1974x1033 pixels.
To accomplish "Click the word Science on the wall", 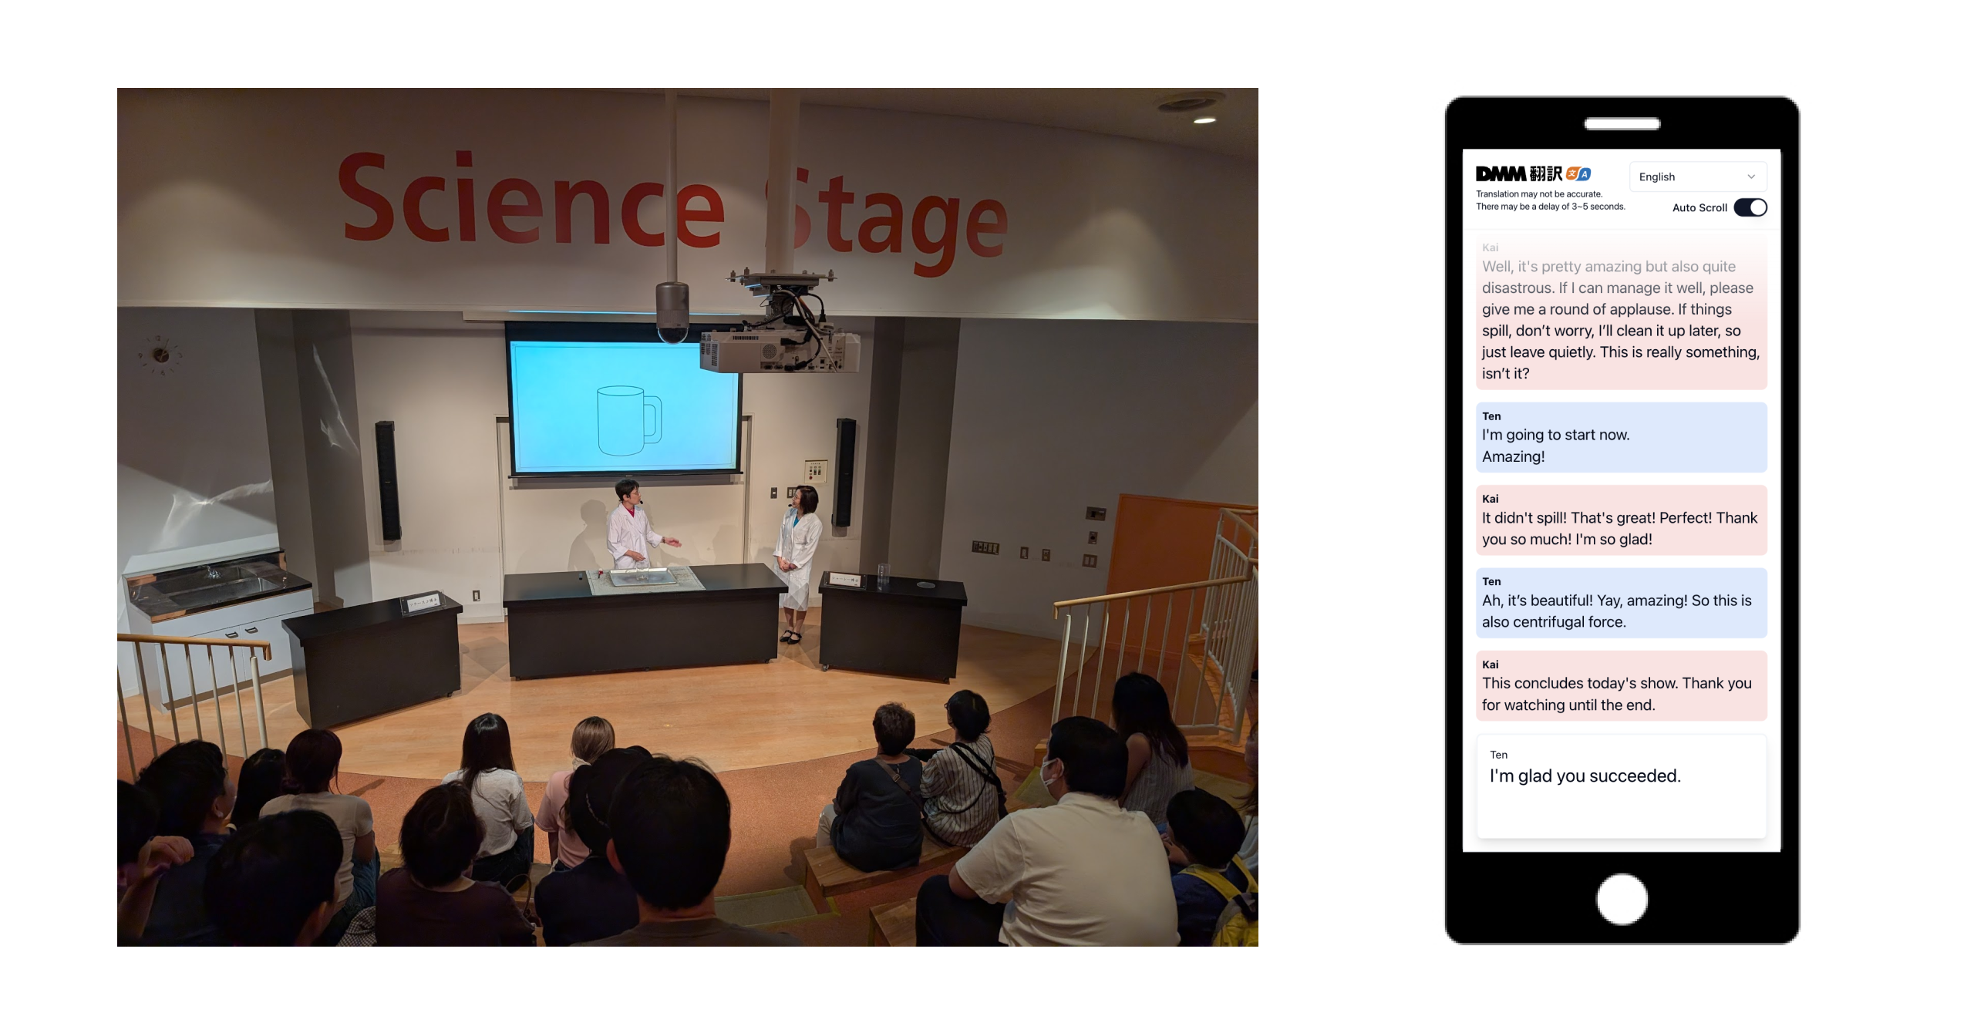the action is (531, 200).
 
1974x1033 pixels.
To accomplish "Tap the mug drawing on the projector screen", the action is (628, 421).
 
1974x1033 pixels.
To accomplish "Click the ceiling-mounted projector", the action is (779, 324).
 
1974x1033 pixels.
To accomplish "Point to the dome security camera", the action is (672, 311).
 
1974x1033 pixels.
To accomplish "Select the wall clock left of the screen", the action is (160, 355).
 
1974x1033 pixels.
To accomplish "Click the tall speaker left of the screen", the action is (387, 479).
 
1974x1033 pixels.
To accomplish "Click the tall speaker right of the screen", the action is (846, 472).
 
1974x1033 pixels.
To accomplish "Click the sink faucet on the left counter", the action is (210, 571).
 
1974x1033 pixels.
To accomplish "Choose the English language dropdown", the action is (1697, 177).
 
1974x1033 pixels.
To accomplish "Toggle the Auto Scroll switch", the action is (1750, 207).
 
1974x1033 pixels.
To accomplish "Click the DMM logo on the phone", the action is (1500, 173).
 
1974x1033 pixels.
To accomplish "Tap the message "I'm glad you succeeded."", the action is (1585, 776).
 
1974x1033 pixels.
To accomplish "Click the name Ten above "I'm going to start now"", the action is (1491, 416).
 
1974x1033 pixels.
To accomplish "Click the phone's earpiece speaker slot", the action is (1622, 123).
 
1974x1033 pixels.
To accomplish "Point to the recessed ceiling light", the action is (1205, 120).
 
